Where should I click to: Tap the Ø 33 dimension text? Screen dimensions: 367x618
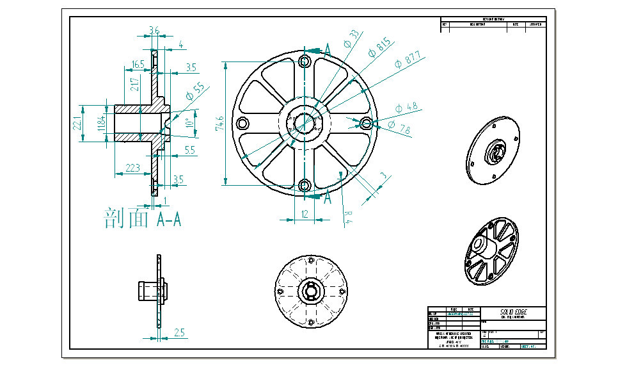(351, 38)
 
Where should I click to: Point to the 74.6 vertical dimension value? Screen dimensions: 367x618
(219, 123)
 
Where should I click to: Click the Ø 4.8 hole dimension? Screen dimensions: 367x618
(407, 106)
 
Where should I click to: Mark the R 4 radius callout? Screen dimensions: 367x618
(348, 216)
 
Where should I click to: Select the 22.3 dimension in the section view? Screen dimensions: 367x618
(132, 168)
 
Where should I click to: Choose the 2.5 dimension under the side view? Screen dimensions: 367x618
(179, 332)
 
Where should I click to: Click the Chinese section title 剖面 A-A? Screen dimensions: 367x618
(142, 219)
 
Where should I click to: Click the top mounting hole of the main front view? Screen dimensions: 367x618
(304, 61)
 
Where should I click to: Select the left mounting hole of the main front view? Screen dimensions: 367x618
(242, 123)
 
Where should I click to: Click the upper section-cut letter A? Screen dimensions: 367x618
(328, 50)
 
